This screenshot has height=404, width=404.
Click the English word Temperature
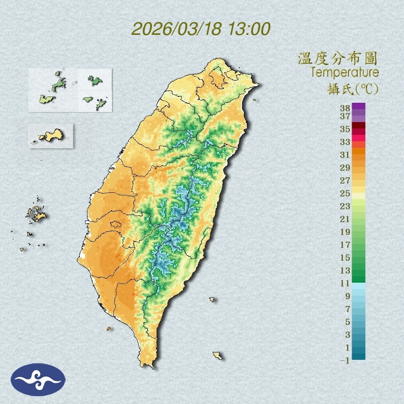tap(344, 73)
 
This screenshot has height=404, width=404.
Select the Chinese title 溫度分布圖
tap(337, 58)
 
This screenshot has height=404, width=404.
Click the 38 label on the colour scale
tap(345, 108)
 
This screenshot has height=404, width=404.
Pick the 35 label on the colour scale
tap(345, 129)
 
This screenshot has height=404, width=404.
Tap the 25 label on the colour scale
tap(345, 193)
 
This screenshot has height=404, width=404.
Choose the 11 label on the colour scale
tap(345, 283)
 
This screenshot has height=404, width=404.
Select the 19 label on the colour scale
tap(345, 231)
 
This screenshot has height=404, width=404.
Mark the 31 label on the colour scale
tap(345, 154)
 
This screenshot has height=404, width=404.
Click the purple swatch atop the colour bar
tap(359, 106)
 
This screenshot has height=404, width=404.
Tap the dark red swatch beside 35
tap(359, 125)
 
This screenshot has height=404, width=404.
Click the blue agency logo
tap(39, 379)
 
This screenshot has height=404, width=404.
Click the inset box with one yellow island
tap(51, 135)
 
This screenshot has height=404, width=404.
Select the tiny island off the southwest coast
tap(109, 329)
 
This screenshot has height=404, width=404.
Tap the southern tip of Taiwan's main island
tap(148, 365)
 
